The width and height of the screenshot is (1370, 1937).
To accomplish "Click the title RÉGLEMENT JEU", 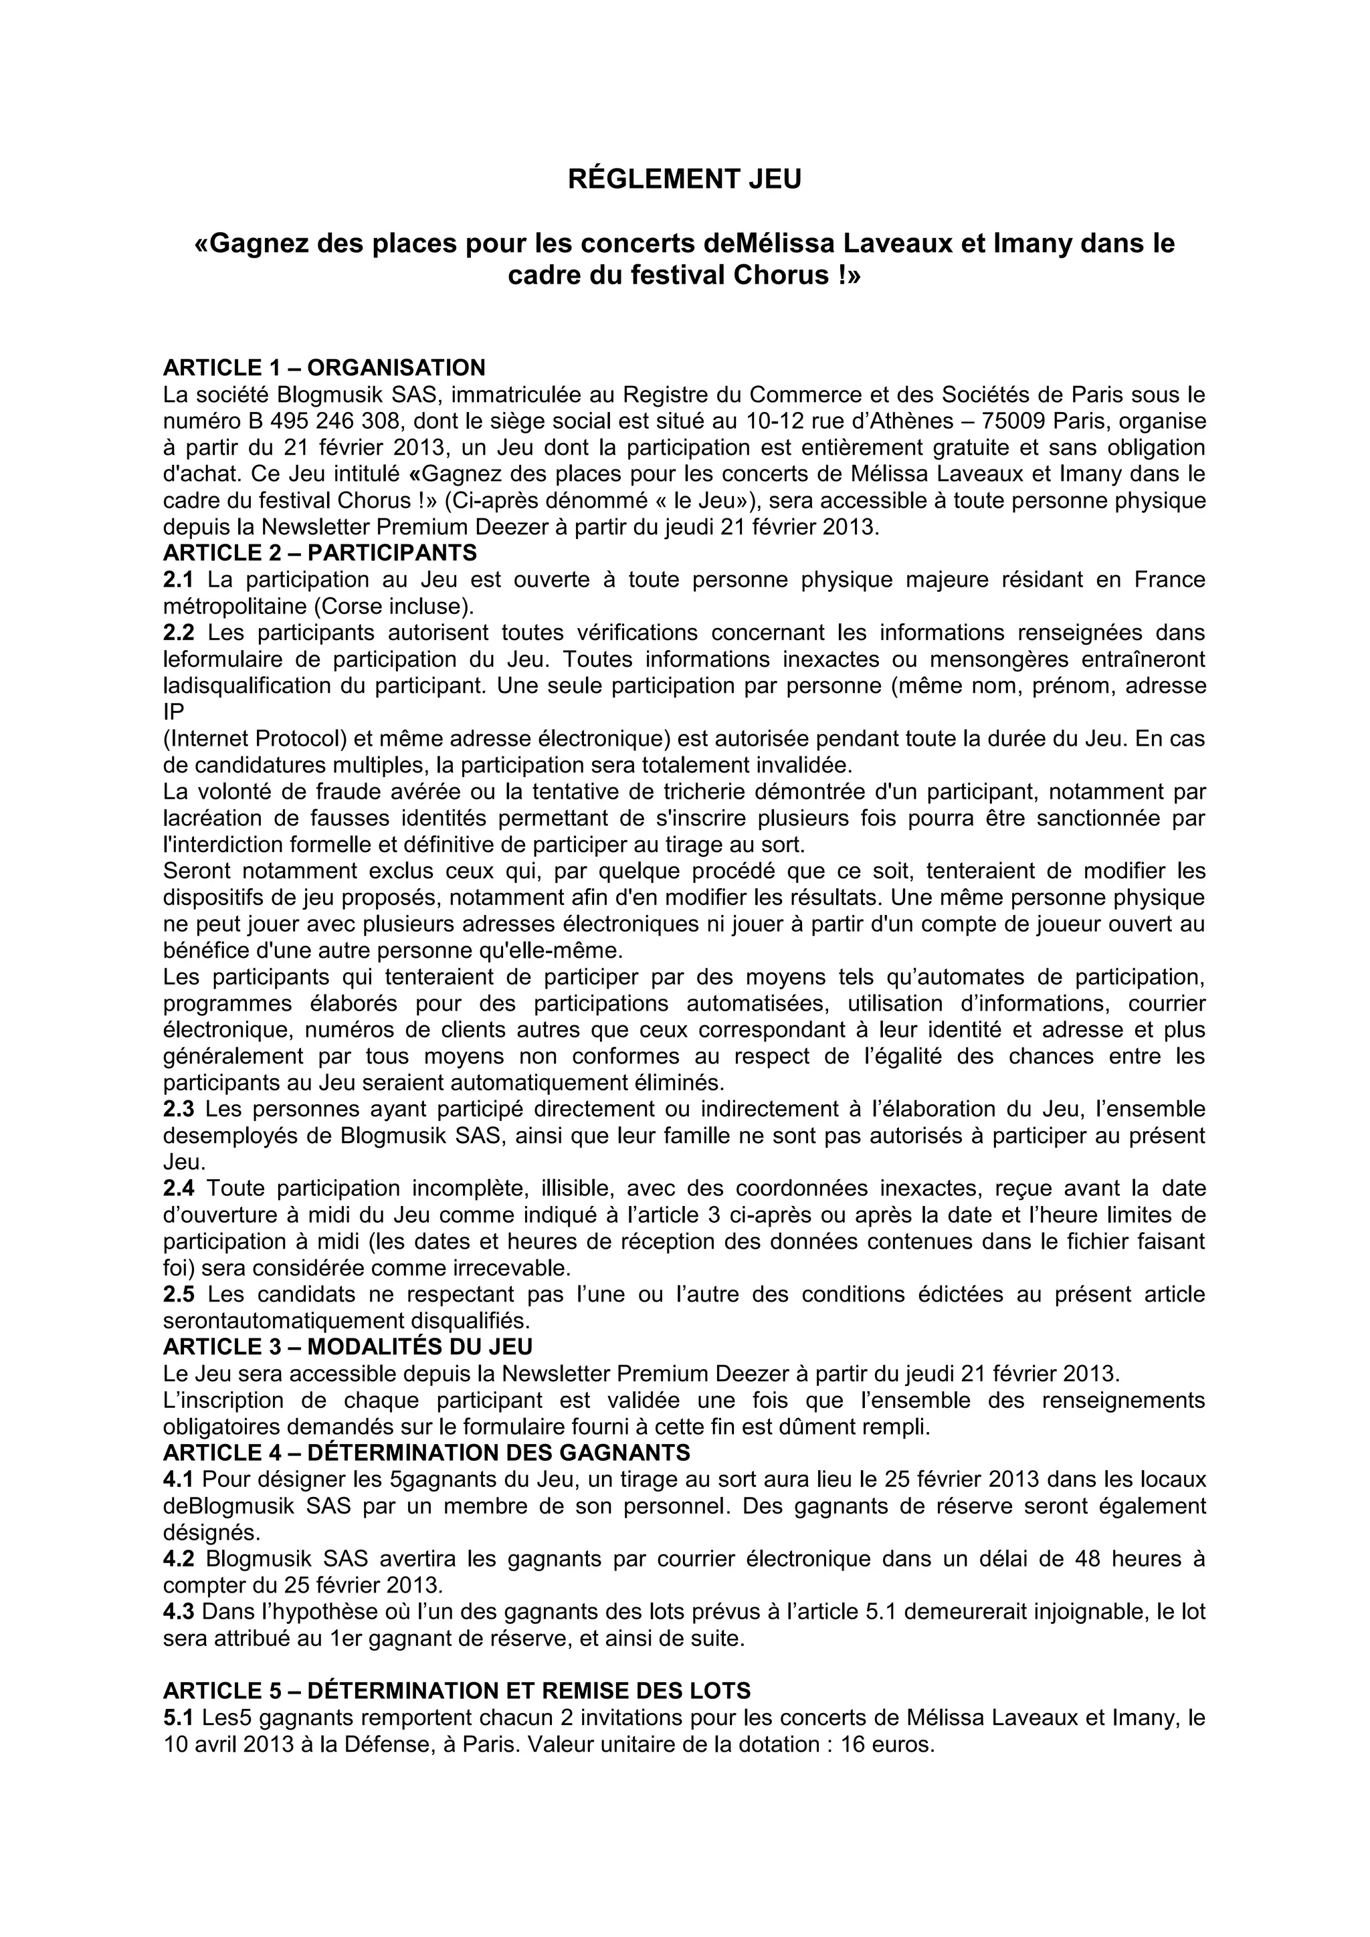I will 684,180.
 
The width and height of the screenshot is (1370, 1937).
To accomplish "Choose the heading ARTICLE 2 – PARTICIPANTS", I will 320,552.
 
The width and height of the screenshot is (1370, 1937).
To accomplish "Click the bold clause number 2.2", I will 178,632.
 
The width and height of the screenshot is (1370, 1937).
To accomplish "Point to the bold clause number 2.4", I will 178,1189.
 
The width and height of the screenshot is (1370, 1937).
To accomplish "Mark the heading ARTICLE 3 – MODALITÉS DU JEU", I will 348,1346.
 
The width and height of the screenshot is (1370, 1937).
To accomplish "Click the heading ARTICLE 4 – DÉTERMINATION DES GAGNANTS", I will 426,1452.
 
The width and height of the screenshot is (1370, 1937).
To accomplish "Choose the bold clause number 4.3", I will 178,1611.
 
